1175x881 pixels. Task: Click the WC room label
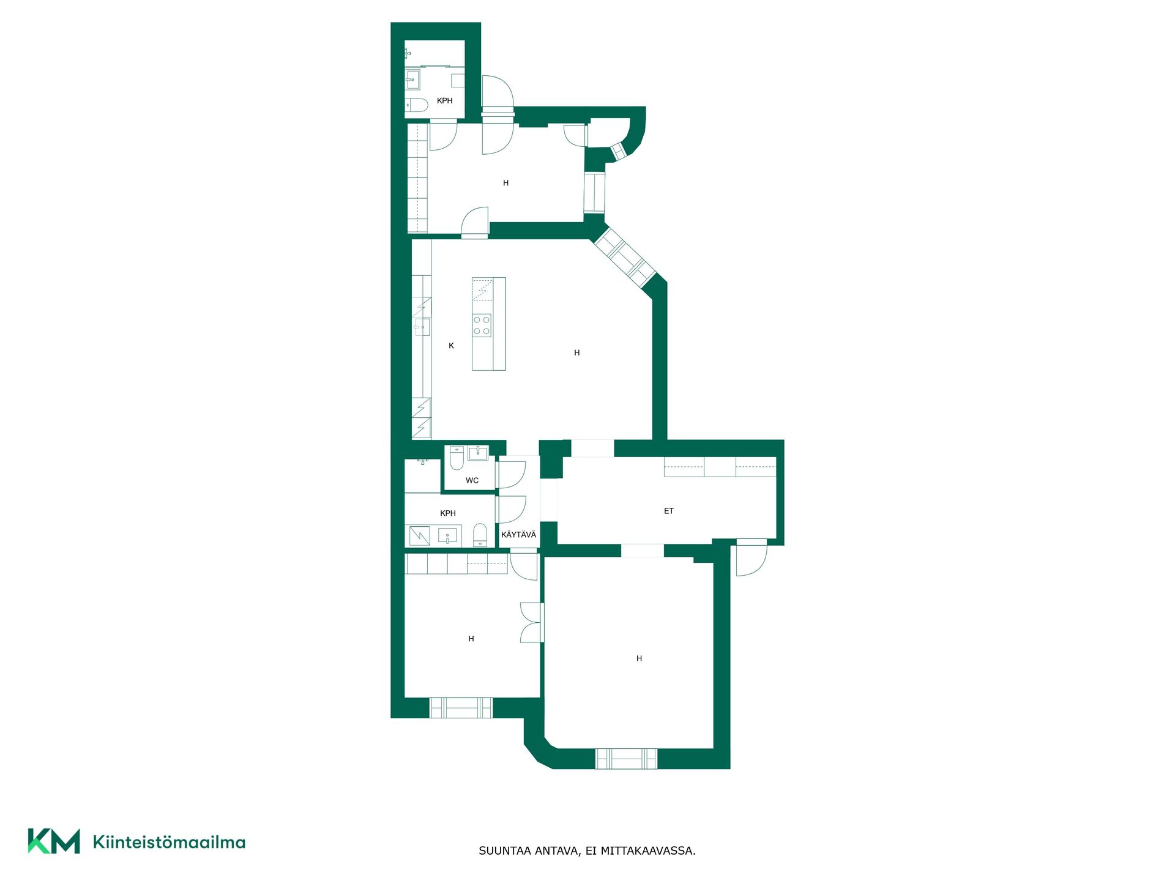(x=472, y=480)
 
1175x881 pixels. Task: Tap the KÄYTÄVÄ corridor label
(x=518, y=535)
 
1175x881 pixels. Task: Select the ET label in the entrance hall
(x=669, y=511)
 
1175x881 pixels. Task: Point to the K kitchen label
(x=451, y=346)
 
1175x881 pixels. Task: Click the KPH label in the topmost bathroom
(x=445, y=101)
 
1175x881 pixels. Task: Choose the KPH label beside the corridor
(x=448, y=513)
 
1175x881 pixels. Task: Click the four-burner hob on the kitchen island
(x=482, y=325)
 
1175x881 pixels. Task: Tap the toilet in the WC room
(x=457, y=458)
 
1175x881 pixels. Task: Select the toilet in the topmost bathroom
(x=417, y=105)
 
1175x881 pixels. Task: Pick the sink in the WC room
(x=477, y=453)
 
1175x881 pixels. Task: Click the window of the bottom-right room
(x=626, y=759)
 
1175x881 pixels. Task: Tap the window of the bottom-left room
(x=461, y=708)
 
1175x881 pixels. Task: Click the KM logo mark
(x=54, y=841)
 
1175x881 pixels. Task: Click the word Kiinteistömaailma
(x=169, y=842)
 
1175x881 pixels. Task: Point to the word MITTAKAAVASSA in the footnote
(x=647, y=851)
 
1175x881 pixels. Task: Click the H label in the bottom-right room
(x=639, y=658)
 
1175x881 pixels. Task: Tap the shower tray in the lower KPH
(x=419, y=536)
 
